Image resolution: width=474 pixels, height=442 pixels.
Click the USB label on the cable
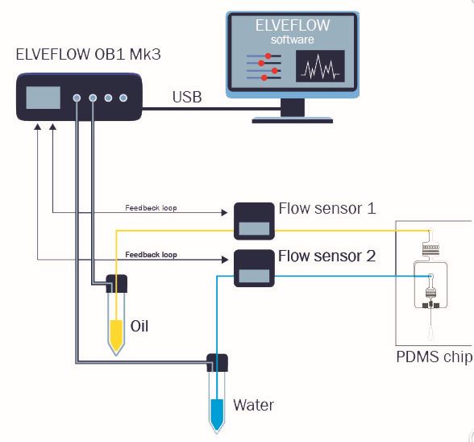coord(187,97)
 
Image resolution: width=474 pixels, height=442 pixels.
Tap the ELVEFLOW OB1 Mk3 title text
coord(88,55)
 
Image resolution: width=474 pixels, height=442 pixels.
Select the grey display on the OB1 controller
coord(44,98)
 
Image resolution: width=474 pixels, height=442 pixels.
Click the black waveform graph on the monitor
coord(320,66)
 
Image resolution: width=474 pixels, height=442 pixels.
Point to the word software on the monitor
coord(292,40)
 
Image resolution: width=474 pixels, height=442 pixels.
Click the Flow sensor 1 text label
coord(327,208)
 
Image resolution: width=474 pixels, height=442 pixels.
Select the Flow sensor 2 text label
coord(326,256)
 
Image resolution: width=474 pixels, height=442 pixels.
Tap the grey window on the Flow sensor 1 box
coord(254,228)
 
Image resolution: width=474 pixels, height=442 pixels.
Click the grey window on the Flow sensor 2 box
coord(254,276)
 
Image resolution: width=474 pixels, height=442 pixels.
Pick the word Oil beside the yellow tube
coord(139,326)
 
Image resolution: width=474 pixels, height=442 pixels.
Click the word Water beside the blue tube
coord(253,405)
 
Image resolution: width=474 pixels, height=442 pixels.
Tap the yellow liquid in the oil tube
coord(116,334)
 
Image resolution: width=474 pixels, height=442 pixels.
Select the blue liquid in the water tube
coord(217,414)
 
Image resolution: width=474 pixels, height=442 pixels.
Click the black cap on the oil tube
coord(117,284)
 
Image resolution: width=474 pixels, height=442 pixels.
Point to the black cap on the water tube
coord(217,363)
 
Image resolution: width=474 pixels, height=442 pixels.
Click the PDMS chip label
coord(434,357)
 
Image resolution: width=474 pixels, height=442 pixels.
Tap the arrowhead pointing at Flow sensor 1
coord(224,213)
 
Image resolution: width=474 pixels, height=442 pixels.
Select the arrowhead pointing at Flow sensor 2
coord(225,260)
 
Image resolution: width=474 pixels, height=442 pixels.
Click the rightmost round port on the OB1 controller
coord(123,98)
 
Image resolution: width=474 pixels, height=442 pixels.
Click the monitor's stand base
coord(293,120)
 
